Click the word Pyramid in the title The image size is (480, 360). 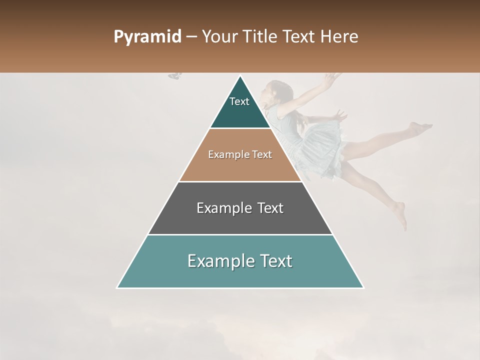[147, 37]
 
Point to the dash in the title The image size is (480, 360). [191, 37]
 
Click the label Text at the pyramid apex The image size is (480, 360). [239, 101]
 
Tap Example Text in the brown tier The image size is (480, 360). [240, 154]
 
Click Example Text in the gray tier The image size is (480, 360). [240, 208]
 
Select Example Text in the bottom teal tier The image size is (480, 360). [240, 261]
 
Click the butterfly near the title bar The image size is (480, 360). [175, 75]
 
